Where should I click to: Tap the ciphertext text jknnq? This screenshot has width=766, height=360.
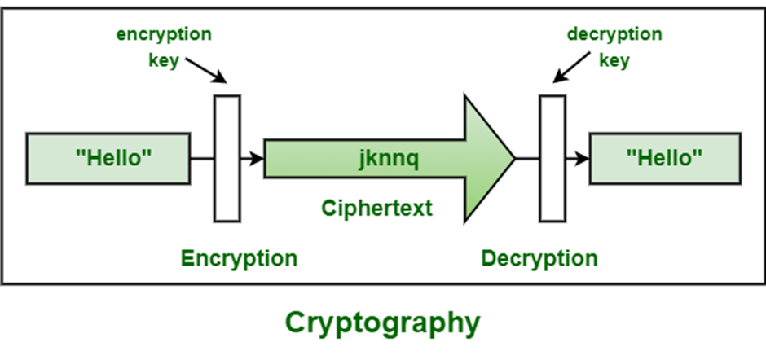pos(388,159)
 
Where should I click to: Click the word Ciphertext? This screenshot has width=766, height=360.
pos(375,209)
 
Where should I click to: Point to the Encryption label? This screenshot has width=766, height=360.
pos(239,259)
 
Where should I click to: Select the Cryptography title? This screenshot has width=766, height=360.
pos(382,323)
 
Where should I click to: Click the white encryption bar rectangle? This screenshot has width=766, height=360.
pos(227,158)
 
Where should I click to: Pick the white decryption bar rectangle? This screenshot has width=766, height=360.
pos(552,158)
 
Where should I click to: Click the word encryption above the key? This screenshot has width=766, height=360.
pos(164,34)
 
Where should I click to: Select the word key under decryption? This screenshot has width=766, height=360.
pos(614,59)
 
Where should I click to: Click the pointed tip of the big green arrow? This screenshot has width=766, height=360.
pos(512,158)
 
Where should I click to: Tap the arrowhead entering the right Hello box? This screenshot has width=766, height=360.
pos(583,158)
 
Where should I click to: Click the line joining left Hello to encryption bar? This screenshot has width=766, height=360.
pos(202,158)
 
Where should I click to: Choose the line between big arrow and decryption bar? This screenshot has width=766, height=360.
pos(527,158)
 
